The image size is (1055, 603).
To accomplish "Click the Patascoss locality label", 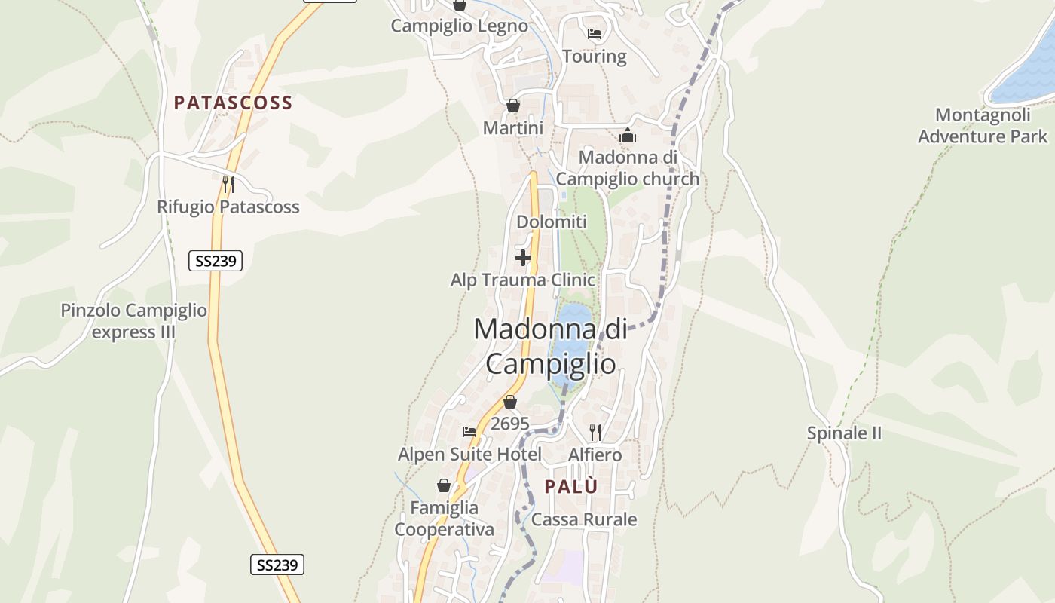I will tap(233, 103).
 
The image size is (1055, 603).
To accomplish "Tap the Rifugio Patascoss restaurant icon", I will tap(228, 185).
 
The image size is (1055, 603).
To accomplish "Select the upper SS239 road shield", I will tap(215, 262).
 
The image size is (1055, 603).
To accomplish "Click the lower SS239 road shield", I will tap(277, 565).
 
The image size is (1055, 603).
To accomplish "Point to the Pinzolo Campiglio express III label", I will tap(134, 321).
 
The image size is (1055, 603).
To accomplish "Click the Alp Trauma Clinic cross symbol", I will tap(522, 259).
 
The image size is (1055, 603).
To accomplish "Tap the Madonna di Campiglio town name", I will tap(550, 347).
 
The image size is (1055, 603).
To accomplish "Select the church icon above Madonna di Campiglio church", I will tap(628, 136).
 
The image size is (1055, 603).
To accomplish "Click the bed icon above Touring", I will tap(595, 34).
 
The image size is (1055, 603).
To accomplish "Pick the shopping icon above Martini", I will tap(513, 106).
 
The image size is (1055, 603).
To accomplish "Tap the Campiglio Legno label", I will tap(459, 26).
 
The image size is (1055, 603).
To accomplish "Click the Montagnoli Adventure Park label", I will tap(982, 126).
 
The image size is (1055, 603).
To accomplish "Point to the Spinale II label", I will tap(844, 433).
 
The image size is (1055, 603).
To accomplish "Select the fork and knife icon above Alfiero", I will tap(595, 432).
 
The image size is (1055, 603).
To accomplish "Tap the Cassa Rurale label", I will tap(584, 519).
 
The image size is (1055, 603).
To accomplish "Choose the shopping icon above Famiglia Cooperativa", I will tap(444, 485).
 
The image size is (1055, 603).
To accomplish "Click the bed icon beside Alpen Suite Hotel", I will tap(469, 432).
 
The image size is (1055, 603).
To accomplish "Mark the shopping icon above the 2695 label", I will tap(510, 403).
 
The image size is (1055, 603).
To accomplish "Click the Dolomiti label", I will tap(552, 222).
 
